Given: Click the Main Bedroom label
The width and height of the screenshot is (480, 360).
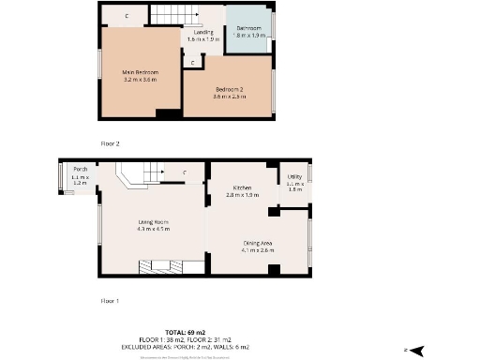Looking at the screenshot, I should click(140, 72).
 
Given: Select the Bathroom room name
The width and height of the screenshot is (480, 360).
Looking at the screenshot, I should click(248, 29).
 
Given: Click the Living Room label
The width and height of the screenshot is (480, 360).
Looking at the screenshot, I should click(152, 220).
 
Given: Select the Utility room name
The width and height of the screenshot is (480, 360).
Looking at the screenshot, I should click(294, 176).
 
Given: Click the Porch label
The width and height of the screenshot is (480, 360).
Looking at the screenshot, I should click(80, 170).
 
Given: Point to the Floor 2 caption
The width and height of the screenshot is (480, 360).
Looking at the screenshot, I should click(111, 143).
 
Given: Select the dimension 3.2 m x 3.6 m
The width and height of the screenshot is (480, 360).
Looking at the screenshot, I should click(140, 80).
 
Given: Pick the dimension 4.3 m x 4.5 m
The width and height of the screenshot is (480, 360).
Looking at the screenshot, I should click(152, 228).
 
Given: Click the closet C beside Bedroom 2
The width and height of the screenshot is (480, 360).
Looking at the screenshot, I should click(193, 63).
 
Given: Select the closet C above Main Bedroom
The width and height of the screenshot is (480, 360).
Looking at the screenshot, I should click(127, 16).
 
